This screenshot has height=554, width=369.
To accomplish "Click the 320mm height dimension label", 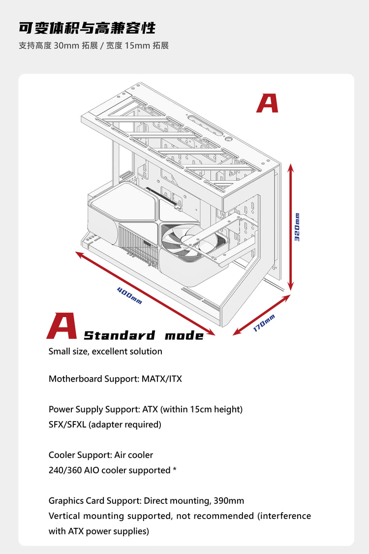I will tap(297, 227).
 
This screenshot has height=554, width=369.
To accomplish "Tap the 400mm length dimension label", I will tap(129, 295).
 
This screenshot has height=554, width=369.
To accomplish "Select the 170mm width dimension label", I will tap(264, 323).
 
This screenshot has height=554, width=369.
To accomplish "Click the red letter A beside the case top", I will tap(267, 103).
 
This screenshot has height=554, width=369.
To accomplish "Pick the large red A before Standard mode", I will tap(62, 326).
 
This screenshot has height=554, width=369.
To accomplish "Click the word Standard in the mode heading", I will tap(119, 336).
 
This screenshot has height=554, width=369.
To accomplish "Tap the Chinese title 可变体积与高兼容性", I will tap(87, 28).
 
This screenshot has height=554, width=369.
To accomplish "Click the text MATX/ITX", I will tap(161, 379).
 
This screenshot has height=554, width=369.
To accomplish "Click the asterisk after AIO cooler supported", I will tap(175, 470).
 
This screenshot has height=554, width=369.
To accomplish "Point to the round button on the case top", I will tap(230, 138).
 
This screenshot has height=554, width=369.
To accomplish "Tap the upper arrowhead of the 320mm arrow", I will tap(291, 167).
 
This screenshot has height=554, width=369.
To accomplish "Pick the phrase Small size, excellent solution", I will tap(105, 351).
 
